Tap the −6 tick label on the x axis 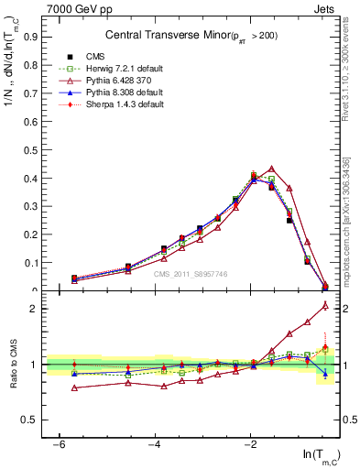click(59, 444)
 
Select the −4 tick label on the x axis click(155, 444)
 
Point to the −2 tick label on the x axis click(251, 444)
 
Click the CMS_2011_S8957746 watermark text click(190, 274)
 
